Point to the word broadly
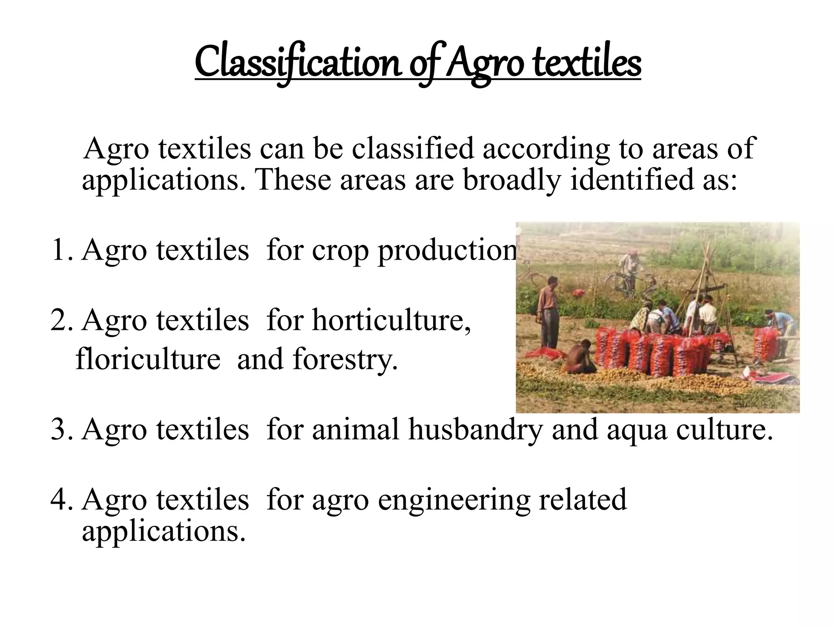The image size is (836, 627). click(512, 180)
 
